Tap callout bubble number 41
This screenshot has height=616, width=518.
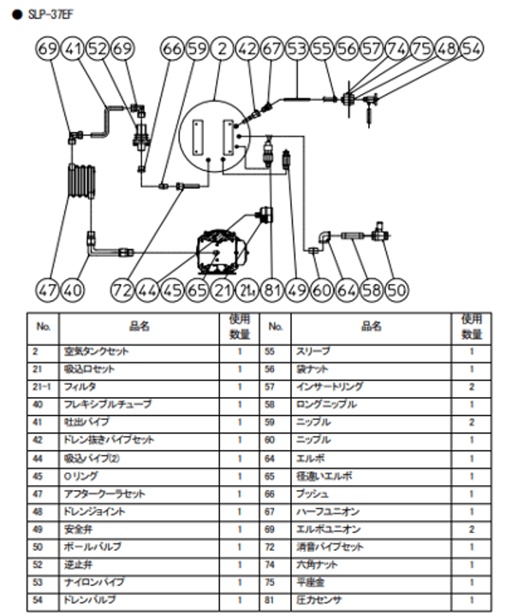tap(74, 50)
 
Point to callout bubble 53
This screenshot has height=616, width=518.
tap(297, 50)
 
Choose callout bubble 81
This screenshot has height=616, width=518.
tap(273, 289)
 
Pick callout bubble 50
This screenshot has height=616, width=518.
tap(396, 289)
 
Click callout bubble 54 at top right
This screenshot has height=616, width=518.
tap(471, 50)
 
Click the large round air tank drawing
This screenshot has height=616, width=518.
tap(213, 138)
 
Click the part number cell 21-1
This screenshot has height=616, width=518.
tap(41, 386)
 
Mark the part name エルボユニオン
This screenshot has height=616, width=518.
tap(325, 528)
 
